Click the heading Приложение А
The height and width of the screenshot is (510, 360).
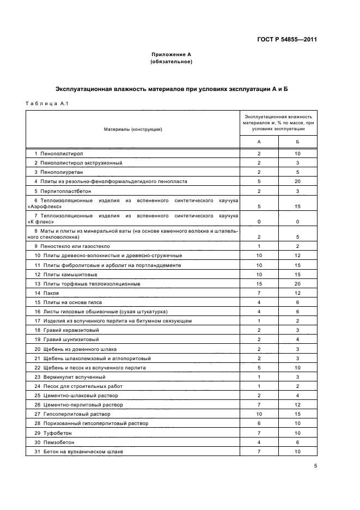click(171, 55)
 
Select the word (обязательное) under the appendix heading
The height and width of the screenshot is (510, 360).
click(171, 62)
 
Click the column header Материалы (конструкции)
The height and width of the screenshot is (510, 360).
click(133, 129)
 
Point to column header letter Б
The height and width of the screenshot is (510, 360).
click(297, 141)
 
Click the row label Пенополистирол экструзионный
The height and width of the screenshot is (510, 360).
click(79, 163)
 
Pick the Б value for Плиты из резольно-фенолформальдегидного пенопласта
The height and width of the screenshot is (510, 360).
click(297, 181)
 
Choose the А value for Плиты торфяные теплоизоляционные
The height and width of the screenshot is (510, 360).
click(259, 284)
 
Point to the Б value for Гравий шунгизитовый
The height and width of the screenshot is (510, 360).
click(297, 339)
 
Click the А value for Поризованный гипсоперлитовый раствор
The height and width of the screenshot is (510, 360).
click(259, 423)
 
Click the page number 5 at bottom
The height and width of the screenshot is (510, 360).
click(315, 466)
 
